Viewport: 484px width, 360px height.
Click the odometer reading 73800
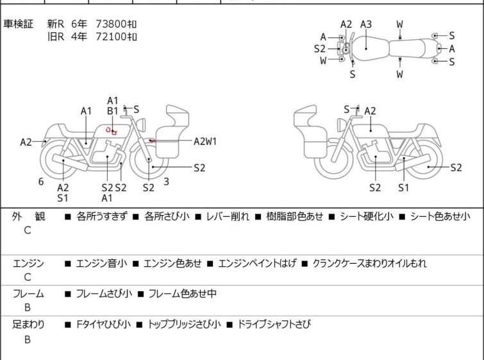(111, 24)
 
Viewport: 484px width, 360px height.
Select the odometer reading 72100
(111, 37)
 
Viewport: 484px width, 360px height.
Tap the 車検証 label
(18, 24)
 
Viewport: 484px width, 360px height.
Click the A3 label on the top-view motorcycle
(366, 24)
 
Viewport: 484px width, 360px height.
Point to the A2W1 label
(205, 142)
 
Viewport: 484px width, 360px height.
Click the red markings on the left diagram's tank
(112, 131)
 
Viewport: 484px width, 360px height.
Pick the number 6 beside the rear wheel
(41, 182)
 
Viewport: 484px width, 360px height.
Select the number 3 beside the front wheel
(167, 182)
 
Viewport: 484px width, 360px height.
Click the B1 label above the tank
(113, 111)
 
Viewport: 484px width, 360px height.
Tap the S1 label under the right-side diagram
(403, 187)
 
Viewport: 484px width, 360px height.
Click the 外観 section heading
(28, 216)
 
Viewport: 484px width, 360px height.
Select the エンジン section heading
(28, 263)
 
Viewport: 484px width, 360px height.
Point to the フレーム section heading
(28, 293)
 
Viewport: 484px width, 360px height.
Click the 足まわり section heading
(28, 324)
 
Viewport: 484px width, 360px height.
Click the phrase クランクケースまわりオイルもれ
(369, 263)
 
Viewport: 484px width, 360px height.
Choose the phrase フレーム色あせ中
(183, 293)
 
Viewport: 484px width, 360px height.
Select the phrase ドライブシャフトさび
(274, 324)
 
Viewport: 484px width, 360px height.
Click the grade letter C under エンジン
(28, 277)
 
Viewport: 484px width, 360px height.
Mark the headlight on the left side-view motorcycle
(141, 124)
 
